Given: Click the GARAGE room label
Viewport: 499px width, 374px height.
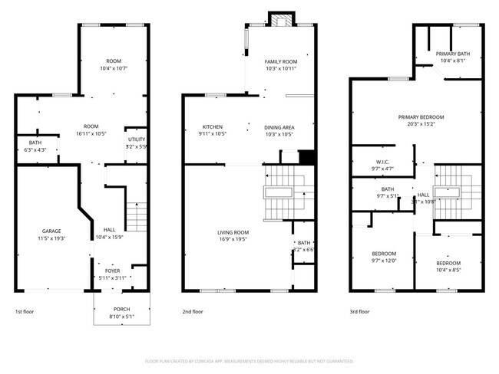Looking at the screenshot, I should (x=51, y=231).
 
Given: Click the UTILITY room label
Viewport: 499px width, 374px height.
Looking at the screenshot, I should (x=137, y=139).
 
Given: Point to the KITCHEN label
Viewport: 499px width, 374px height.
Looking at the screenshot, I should (x=213, y=126).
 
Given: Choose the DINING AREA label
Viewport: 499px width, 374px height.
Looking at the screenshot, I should (x=279, y=126).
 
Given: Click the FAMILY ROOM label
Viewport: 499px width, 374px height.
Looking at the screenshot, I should (x=280, y=61).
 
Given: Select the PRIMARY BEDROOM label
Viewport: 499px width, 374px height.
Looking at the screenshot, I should (x=421, y=116).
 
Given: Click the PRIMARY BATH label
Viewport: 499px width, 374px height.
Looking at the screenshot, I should (x=453, y=53).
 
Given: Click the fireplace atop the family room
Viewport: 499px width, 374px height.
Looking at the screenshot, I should (x=280, y=18).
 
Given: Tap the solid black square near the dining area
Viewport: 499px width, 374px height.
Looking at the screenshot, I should (x=307, y=156).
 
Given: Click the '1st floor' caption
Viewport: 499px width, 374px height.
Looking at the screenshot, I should (x=25, y=312).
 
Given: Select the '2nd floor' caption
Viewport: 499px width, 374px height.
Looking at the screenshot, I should (x=193, y=312).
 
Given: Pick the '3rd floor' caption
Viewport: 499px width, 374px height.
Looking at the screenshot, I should (x=359, y=312).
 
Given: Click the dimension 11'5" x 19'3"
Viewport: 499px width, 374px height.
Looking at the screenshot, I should (x=51, y=238).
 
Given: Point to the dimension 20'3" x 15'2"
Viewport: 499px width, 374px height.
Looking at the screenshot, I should (x=421, y=123).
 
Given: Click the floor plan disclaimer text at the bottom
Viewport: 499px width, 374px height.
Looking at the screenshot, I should (x=249, y=360).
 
